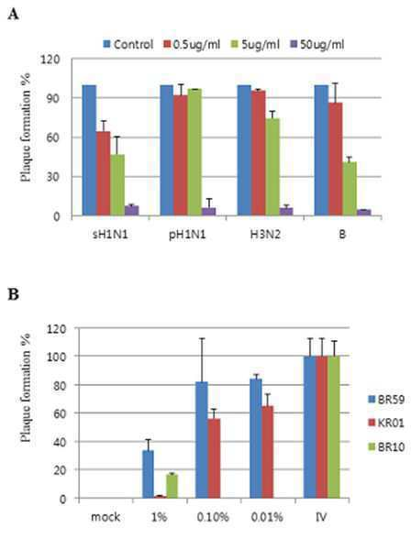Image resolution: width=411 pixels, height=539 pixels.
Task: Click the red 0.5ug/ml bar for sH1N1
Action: click(103, 173)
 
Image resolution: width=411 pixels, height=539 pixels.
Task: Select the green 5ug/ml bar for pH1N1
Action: click(194, 152)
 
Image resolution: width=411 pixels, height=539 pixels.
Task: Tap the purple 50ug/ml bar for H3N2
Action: click(286, 212)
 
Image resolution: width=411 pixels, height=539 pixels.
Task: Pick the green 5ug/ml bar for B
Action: click(350, 189)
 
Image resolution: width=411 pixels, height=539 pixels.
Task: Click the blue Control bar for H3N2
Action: click(244, 150)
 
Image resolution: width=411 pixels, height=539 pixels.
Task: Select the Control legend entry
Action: click(128, 44)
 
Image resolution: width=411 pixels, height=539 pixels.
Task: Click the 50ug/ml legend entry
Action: click(317, 44)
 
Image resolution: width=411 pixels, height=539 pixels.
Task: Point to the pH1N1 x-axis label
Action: click(187, 235)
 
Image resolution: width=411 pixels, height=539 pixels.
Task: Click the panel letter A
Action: click(13, 15)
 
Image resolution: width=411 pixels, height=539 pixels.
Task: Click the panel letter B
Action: click(13, 294)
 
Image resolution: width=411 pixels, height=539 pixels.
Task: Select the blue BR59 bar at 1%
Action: click(149, 474)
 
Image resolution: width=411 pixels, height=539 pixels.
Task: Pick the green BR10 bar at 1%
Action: click(172, 486)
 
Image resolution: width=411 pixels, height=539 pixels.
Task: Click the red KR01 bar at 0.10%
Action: click(214, 458)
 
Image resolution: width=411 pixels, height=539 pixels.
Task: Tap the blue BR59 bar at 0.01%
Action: click(256, 438)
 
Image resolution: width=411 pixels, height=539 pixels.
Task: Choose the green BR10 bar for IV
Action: click(334, 427)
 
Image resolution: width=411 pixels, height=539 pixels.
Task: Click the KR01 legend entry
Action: click(386, 423)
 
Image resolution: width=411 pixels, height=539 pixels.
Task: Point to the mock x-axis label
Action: click(106, 517)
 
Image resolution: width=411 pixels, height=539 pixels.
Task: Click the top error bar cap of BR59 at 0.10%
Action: click(202, 338)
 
